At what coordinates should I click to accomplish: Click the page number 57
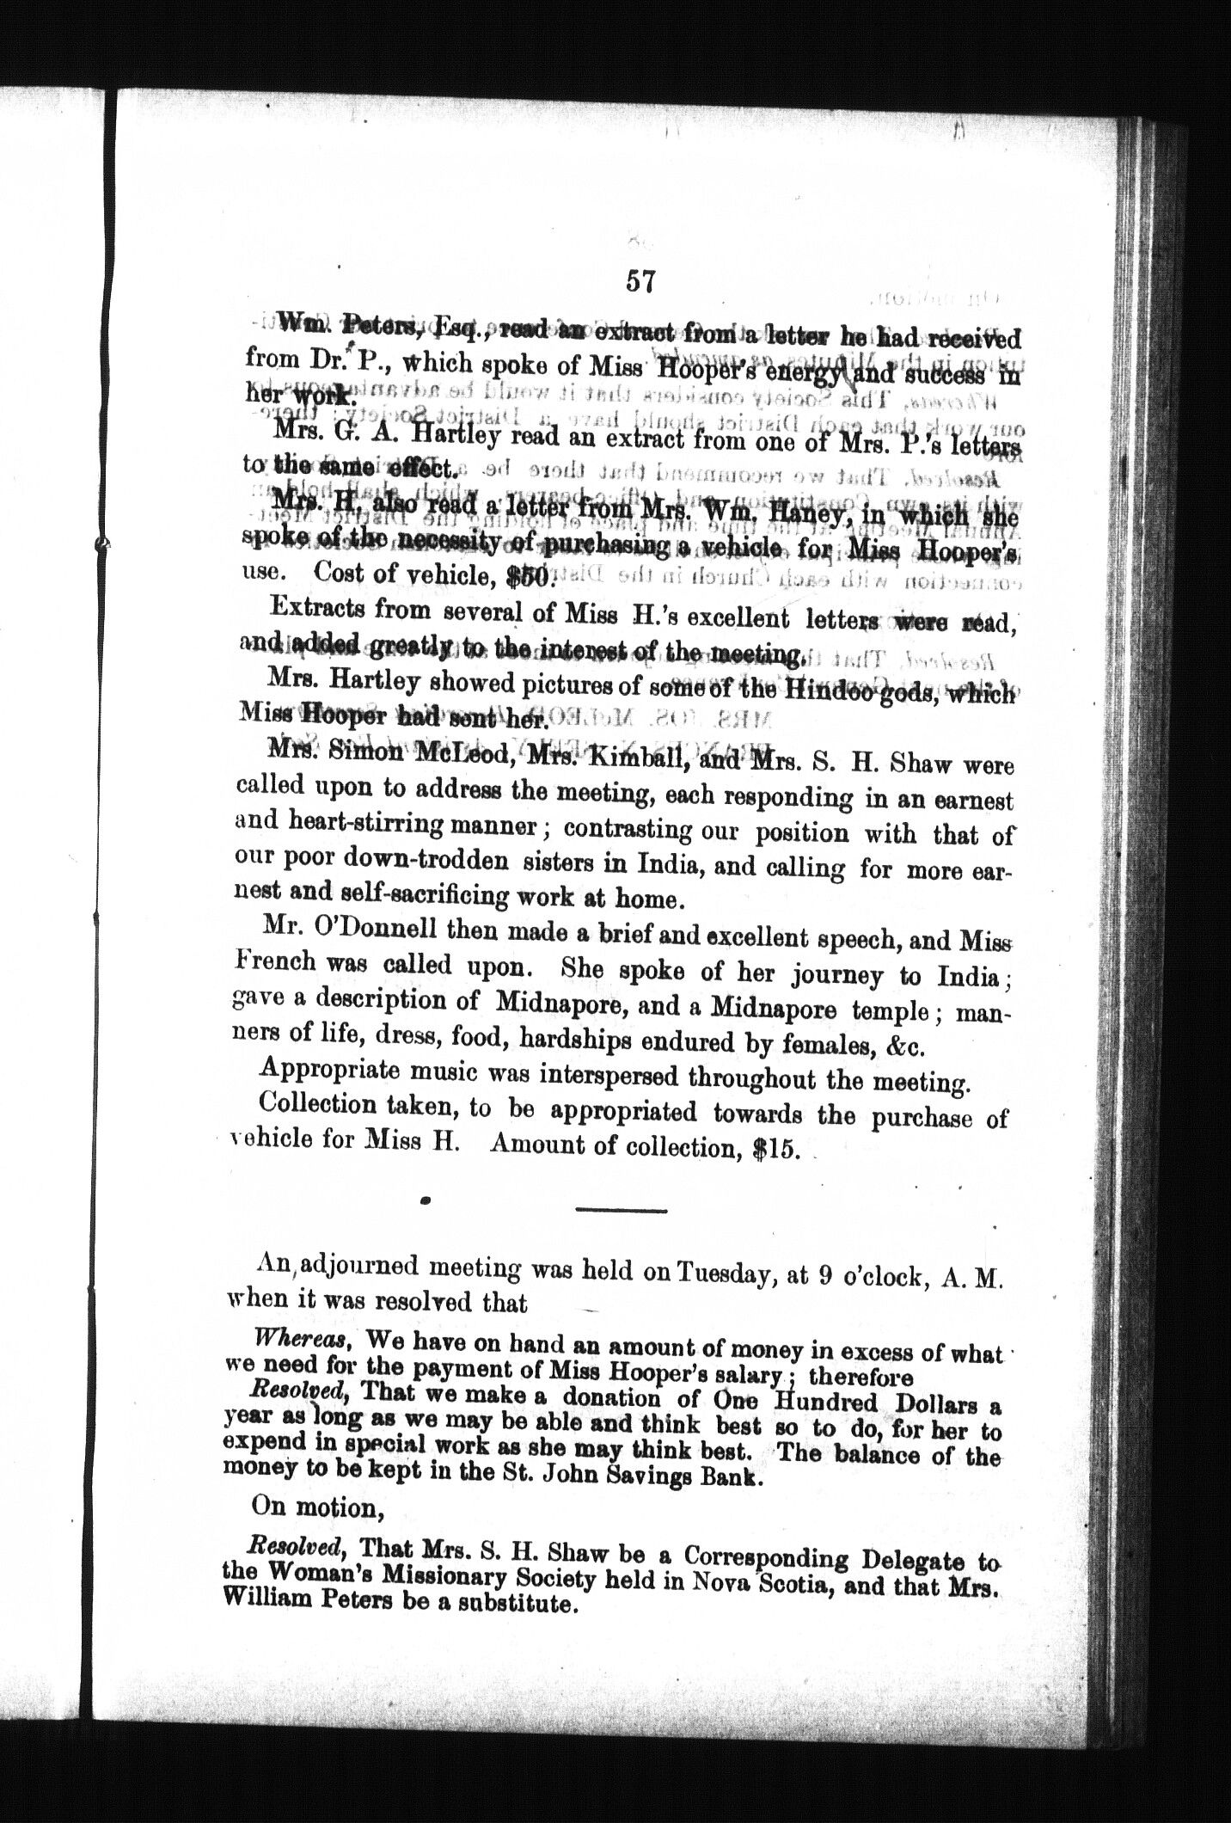pyautogui.click(x=641, y=281)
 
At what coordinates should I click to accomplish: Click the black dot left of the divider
pyautogui.click(x=426, y=1200)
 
